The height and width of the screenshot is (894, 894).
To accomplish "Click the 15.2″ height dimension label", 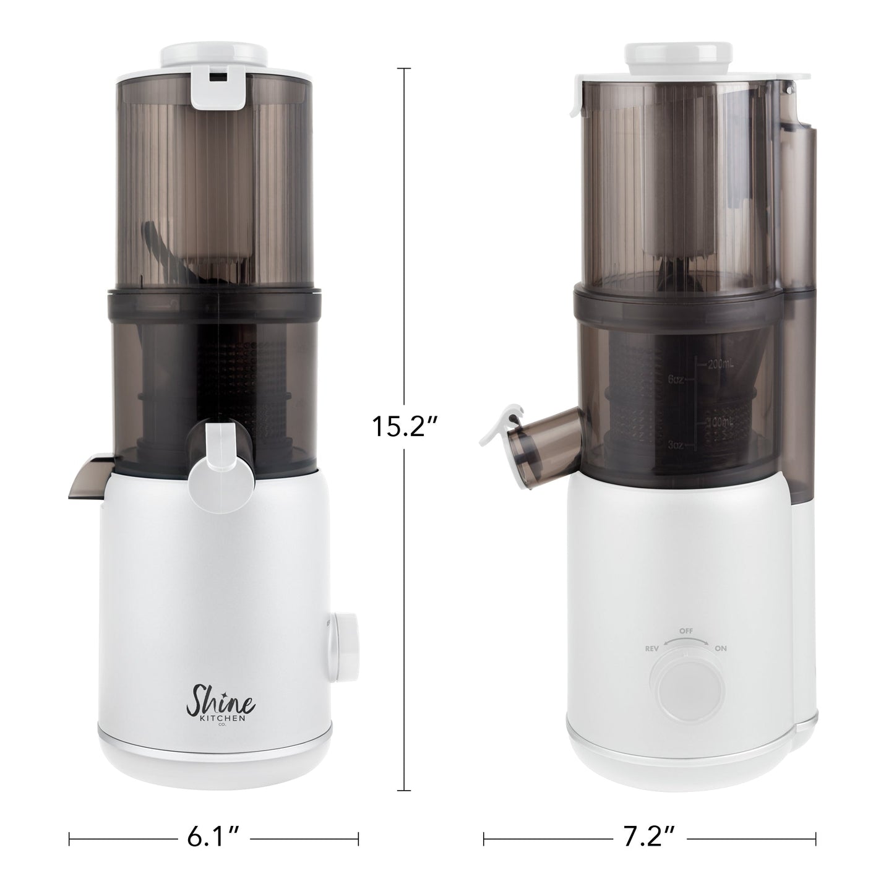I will [x=405, y=427].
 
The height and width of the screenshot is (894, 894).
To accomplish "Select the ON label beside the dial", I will [x=720, y=649].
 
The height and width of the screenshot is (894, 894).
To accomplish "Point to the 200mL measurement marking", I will [x=720, y=365].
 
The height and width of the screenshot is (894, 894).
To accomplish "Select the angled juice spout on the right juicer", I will [x=541, y=436].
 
